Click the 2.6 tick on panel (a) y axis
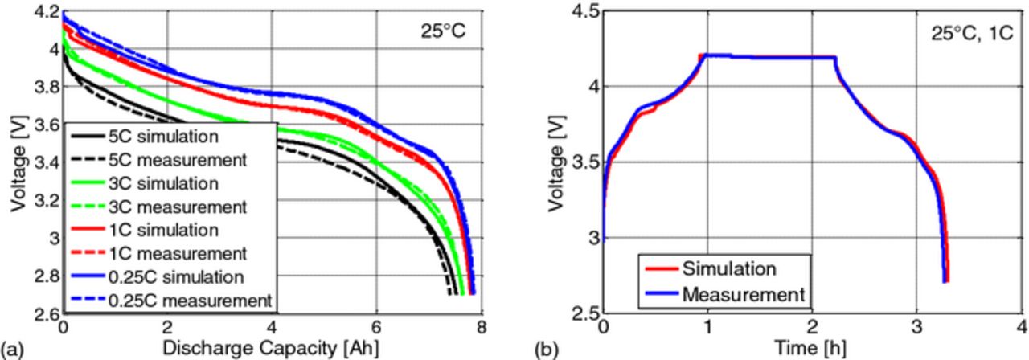point(47,313)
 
